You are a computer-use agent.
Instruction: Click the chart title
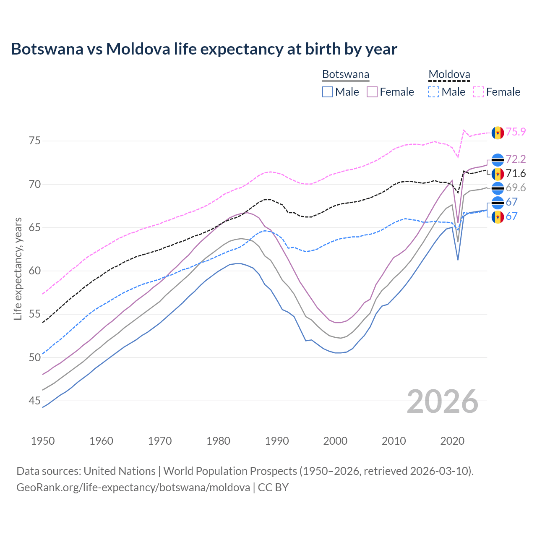click(204, 49)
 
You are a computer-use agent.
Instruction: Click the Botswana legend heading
click(346, 75)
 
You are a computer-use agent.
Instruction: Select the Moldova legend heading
click(449, 75)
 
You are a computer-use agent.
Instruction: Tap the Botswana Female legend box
click(372, 92)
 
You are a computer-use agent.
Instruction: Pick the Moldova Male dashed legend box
click(434, 92)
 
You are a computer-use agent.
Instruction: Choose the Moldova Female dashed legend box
click(478, 92)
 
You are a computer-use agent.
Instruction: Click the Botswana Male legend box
click(328, 92)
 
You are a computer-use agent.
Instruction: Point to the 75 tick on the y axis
click(35, 141)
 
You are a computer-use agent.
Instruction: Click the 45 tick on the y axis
click(35, 401)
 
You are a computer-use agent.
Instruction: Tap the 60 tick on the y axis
click(35, 271)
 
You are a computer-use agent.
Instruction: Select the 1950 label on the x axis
click(43, 441)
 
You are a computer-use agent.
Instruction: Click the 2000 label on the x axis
click(335, 441)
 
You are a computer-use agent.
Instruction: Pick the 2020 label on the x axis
click(452, 441)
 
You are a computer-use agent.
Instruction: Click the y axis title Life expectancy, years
click(18, 268)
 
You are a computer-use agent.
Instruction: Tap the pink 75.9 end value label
click(516, 132)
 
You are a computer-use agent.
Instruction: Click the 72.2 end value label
click(516, 159)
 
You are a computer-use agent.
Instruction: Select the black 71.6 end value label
click(516, 173)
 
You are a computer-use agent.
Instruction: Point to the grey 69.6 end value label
click(516, 188)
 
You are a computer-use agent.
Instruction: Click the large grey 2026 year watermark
click(443, 401)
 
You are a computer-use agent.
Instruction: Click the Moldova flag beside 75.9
click(498, 133)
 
